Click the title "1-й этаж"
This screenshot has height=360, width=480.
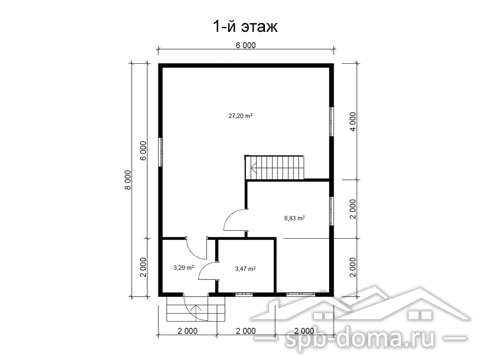(x=245, y=27)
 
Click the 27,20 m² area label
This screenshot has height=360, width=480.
(x=240, y=116)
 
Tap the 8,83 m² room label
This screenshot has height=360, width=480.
(x=294, y=218)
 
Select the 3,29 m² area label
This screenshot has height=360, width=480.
(x=183, y=268)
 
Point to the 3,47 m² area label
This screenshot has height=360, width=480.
(x=245, y=269)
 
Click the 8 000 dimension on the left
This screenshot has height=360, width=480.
(x=127, y=180)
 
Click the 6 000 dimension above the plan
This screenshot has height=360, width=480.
(x=246, y=45)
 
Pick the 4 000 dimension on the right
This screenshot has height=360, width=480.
(x=353, y=121)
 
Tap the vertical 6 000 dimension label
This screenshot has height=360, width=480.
(x=143, y=150)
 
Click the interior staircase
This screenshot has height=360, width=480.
(x=274, y=167)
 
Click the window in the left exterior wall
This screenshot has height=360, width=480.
(x=160, y=152)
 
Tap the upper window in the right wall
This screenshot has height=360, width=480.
(x=331, y=121)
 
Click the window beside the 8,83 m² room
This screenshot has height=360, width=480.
(x=331, y=211)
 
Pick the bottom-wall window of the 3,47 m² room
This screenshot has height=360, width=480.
(x=244, y=294)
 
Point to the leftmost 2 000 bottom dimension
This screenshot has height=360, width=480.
(x=187, y=331)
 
